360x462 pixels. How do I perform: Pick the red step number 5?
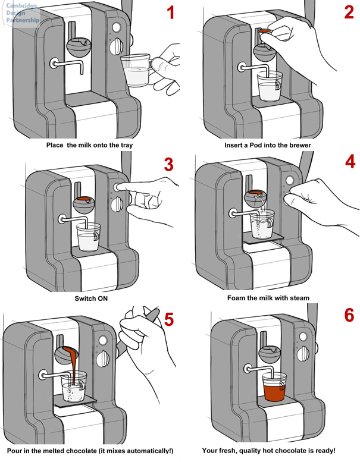coord(169,319)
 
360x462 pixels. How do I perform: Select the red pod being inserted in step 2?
coord(265,31)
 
